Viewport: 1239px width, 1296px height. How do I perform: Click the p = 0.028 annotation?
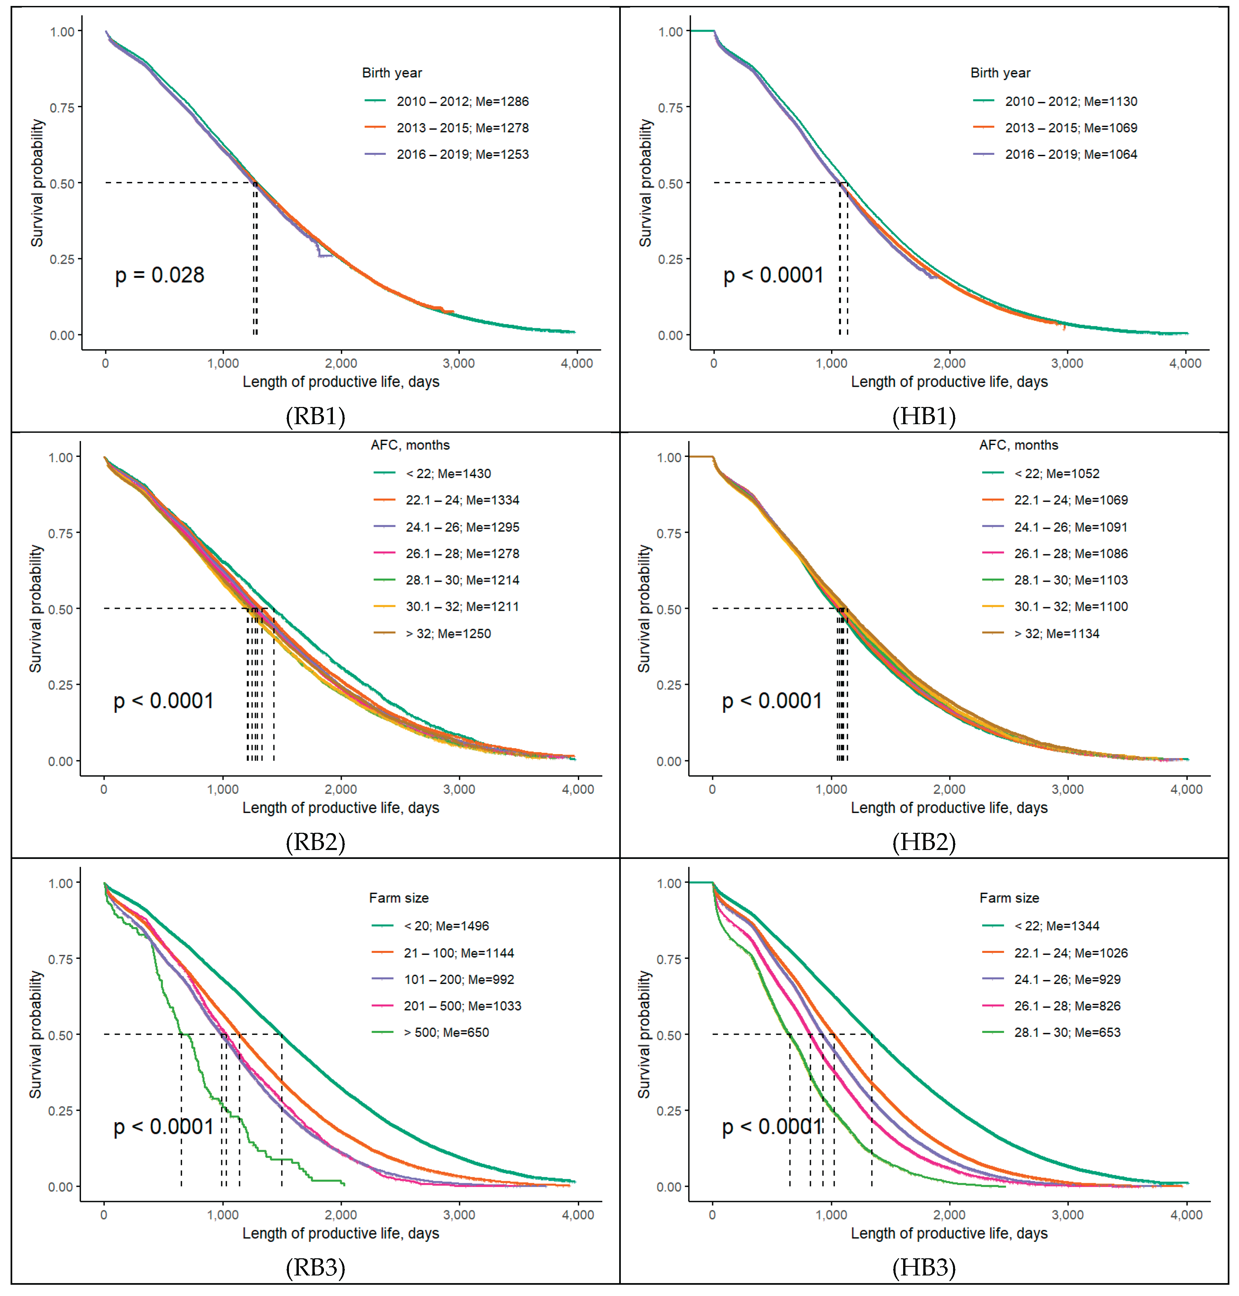click(x=160, y=275)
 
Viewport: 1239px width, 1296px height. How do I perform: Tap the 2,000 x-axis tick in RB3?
click(x=341, y=1215)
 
